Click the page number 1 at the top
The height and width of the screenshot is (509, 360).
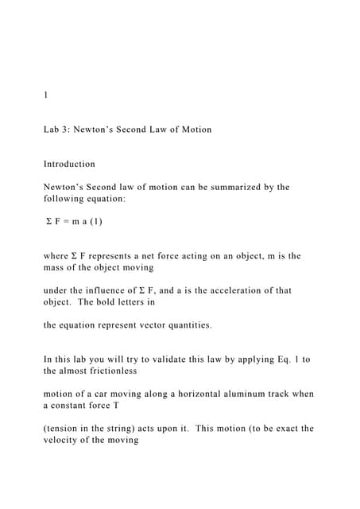click(46, 95)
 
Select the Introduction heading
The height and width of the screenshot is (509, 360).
click(69, 164)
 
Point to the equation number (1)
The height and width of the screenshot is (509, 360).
click(95, 222)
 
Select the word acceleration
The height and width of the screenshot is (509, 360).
click(228, 291)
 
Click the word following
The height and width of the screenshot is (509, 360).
click(66, 199)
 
